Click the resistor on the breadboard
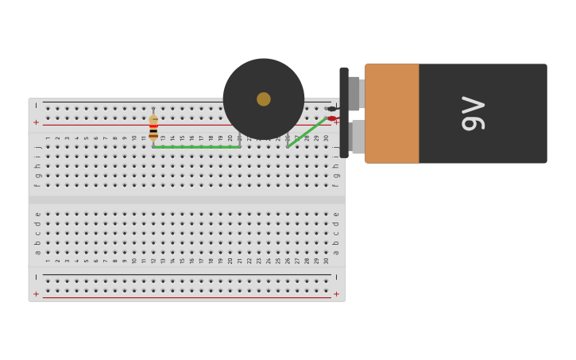pyautogui.click(x=153, y=127)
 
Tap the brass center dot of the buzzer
pyautogui.click(x=264, y=99)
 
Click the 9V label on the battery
pyautogui.click(x=473, y=113)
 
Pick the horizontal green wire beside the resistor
pyautogui.click(x=197, y=147)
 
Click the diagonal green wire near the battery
pyautogui.click(x=307, y=133)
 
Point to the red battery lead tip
pyautogui.click(x=331, y=118)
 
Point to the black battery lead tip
pyautogui.click(x=331, y=109)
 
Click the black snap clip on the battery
pyautogui.click(x=344, y=113)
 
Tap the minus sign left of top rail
pyautogui.click(x=36, y=106)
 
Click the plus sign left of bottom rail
pyautogui.click(x=36, y=294)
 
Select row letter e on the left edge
pyautogui.click(x=37, y=214)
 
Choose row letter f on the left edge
pyautogui.click(x=37, y=185)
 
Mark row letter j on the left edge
pyautogui.click(x=37, y=147)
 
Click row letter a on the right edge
pyautogui.click(x=336, y=252)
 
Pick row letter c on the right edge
pyautogui.click(x=336, y=233)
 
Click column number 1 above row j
pyautogui.click(x=48, y=138)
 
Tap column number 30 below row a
pyautogui.click(x=326, y=261)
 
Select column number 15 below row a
pyautogui.click(x=182, y=261)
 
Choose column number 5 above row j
pyautogui.click(x=87, y=138)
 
